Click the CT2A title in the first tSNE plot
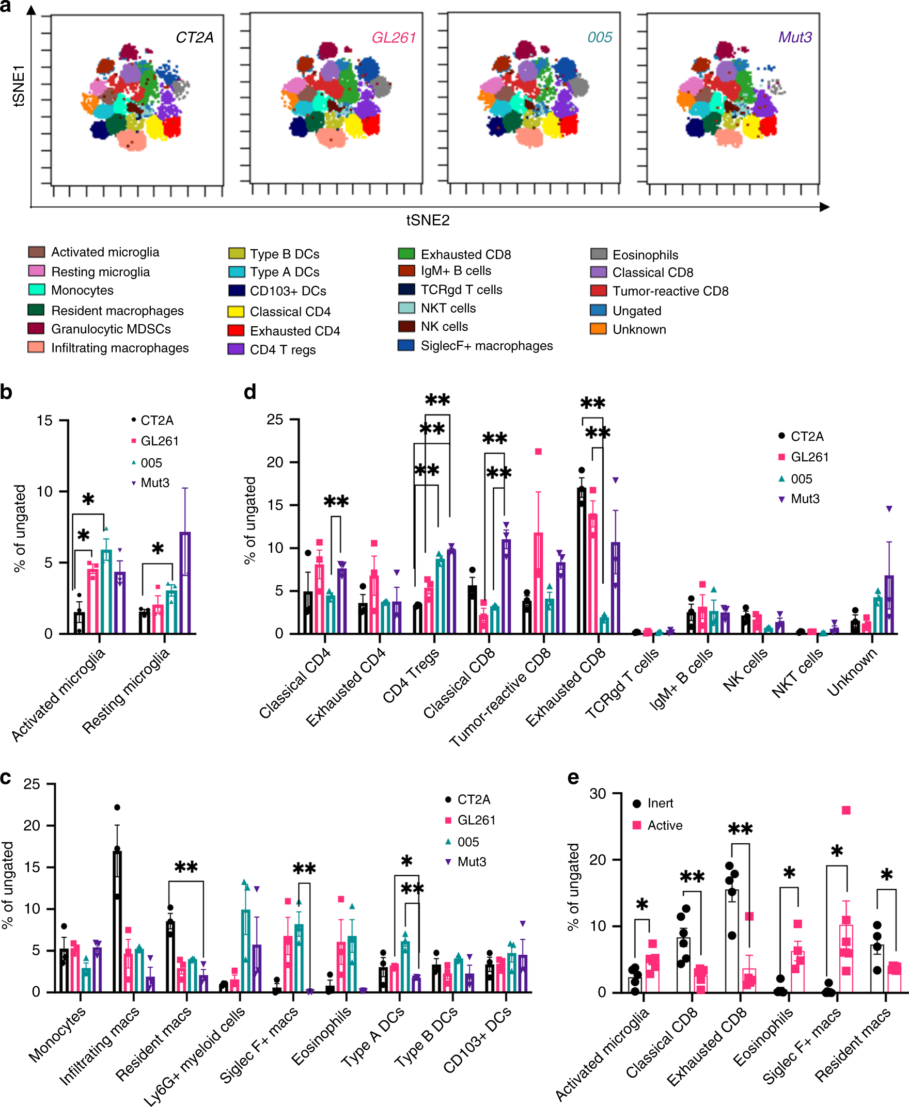(x=194, y=38)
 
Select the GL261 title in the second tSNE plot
(x=393, y=38)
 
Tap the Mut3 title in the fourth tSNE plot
(x=794, y=37)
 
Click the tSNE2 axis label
(x=427, y=220)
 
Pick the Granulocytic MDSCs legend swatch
(x=36, y=329)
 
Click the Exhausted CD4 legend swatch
(x=236, y=331)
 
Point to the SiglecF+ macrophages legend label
(x=487, y=346)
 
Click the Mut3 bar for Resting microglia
(x=185, y=583)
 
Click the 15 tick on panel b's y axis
(x=44, y=421)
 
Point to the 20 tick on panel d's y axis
(x=275, y=462)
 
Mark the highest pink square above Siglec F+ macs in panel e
(x=845, y=810)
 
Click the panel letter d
(x=250, y=392)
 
